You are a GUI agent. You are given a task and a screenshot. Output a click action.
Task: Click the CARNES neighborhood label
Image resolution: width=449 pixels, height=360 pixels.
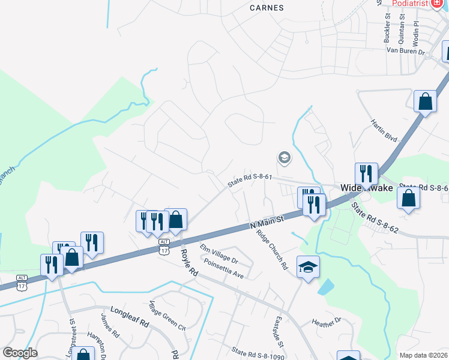pos(267,8)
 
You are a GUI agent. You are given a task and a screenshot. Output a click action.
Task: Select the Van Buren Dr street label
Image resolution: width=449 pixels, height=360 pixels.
pos(405,52)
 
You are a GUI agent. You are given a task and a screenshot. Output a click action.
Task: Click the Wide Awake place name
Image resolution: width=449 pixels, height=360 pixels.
pos(367,188)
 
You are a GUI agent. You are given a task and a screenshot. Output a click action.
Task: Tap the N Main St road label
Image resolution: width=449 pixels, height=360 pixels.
pos(266,223)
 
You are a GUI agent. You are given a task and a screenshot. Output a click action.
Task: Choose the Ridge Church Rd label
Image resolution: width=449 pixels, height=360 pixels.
pos(272,250)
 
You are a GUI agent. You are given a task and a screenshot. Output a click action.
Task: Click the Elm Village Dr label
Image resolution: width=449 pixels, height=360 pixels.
pos(219,255)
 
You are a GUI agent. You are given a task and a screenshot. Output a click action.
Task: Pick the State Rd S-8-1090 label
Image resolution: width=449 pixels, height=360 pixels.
pos(258,355)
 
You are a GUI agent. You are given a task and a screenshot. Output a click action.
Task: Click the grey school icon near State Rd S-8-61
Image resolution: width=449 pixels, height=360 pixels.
pos(284,158)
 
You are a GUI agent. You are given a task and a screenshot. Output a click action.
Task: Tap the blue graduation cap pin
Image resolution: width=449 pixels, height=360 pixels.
pos(309,266)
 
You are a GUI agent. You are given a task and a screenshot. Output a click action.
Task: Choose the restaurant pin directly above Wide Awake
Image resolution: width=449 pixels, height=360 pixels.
pos(366,174)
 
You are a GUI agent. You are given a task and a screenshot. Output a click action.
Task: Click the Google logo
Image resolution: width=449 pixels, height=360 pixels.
pos(20,353)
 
